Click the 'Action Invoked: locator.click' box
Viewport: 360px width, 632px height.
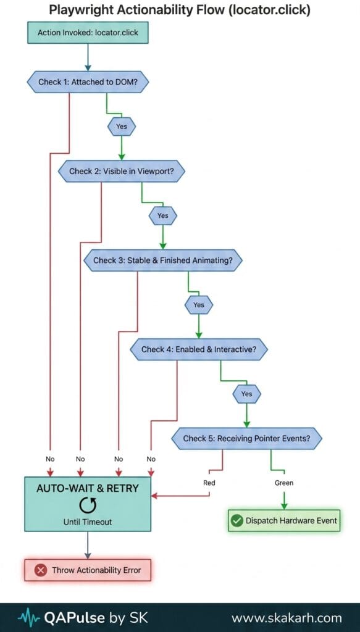tap(88, 33)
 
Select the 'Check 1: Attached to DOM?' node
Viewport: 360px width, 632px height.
tap(88, 82)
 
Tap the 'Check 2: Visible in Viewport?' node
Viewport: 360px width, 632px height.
tap(122, 171)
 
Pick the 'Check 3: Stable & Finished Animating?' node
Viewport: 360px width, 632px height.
tap(163, 260)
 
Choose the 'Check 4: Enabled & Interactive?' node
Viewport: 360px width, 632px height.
tap(198, 349)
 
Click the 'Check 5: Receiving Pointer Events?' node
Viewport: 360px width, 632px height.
tap(247, 438)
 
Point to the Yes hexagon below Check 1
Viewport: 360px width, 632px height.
tap(122, 127)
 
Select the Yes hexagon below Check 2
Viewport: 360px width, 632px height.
tap(163, 215)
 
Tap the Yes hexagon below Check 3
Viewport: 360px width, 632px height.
tap(199, 305)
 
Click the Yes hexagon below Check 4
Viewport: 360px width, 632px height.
tap(247, 394)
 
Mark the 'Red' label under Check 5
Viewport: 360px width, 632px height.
tap(209, 483)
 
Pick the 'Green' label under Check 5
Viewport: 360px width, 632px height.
tap(284, 483)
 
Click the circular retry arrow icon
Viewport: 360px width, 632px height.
tap(88, 505)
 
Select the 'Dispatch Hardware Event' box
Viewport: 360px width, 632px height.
tap(284, 520)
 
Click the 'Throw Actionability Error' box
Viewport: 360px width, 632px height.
tap(88, 570)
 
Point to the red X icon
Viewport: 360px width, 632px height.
tap(40, 570)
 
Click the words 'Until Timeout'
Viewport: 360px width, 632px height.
tap(88, 522)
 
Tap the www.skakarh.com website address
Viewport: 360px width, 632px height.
tap(287, 618)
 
